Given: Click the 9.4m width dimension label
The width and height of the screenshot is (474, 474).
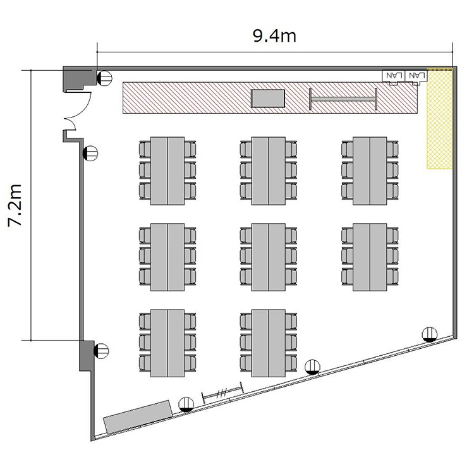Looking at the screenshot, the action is coord(274,35).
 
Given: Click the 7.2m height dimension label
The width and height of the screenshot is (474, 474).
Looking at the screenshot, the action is coord(15,205).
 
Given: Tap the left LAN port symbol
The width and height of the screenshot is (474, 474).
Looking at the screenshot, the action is coord(393,76).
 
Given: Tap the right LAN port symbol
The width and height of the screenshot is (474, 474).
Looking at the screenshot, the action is coord(416,76).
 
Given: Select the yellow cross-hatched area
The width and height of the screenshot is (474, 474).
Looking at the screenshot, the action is coord(439,119).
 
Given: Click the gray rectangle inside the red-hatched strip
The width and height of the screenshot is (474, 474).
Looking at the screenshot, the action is coord(268,98).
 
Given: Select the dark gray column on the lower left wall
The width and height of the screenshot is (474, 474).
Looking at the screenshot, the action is coord(87,355).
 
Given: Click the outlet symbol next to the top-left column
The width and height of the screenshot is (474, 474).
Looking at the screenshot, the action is coord(104,78).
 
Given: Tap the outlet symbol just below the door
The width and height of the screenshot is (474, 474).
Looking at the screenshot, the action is coord(90,154).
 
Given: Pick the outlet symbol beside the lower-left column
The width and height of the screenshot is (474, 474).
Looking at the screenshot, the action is coord(101,351).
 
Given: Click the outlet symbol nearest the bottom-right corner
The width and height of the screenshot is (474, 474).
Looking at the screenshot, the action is coord(430,334).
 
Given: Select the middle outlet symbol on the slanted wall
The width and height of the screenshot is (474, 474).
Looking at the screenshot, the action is coord(313,367).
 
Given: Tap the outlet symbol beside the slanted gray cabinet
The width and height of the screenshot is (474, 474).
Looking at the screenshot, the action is coord(186,404).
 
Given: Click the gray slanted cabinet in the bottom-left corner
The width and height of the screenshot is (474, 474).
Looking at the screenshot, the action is coord(138,416).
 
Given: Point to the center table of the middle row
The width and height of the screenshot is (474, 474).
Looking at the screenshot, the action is coord(269,257).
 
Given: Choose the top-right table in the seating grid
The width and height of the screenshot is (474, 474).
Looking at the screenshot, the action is coord(370,171).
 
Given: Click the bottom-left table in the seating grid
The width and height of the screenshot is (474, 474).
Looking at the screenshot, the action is coord(167,343).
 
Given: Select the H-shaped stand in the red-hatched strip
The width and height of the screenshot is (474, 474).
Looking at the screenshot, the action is coord(343,99).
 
